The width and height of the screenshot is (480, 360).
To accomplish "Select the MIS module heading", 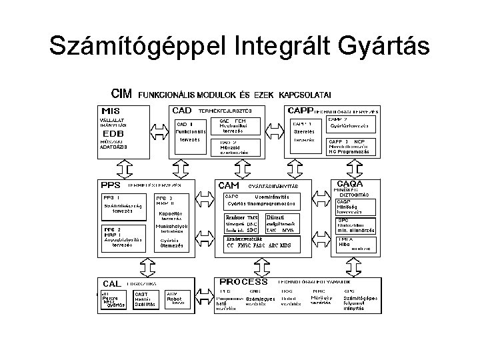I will point(111,111).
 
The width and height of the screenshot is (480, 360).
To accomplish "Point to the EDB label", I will point(111,133).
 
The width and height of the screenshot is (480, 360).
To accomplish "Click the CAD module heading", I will point(182,110).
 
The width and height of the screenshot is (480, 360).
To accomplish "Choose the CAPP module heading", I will point(301,110).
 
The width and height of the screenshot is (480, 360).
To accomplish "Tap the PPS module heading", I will point(111,185).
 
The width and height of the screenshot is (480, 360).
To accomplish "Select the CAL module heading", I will point(111,283).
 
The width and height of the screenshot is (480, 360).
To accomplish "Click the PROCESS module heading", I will point(243,281).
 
